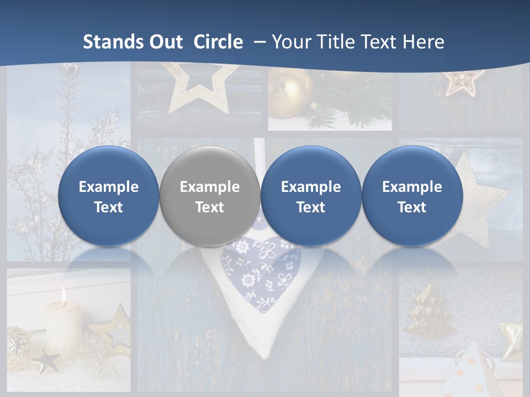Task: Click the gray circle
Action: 209,196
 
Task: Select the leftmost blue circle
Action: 108,196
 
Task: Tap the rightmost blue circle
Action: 412,196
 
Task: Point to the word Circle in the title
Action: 218,42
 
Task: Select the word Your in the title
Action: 291,42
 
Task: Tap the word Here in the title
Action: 423,42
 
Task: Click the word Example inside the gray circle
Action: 209,187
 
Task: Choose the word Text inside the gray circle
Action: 209,207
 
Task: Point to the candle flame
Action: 63,296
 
